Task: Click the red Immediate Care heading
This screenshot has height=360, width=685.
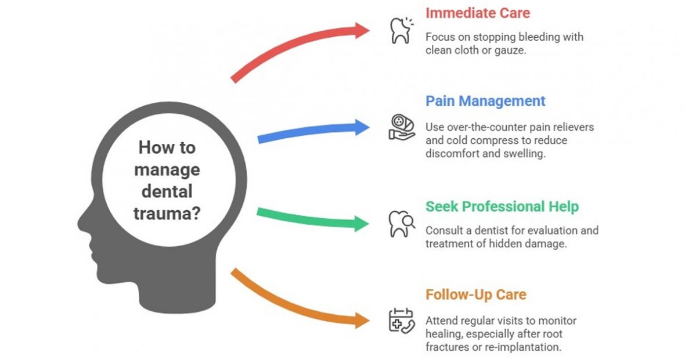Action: tap(478, 12)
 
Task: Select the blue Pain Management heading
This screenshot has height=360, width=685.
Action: tap(485, 101)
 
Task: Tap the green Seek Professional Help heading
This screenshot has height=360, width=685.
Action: tap(502, 207)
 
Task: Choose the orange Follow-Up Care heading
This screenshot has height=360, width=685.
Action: tap(475, 294)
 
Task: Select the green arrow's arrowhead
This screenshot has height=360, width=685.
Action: tap(362, 223)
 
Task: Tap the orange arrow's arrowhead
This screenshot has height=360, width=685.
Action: tap(362, 320)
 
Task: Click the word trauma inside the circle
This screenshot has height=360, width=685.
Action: tap(167, 213)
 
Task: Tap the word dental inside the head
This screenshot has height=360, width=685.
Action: tap(167, 191)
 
